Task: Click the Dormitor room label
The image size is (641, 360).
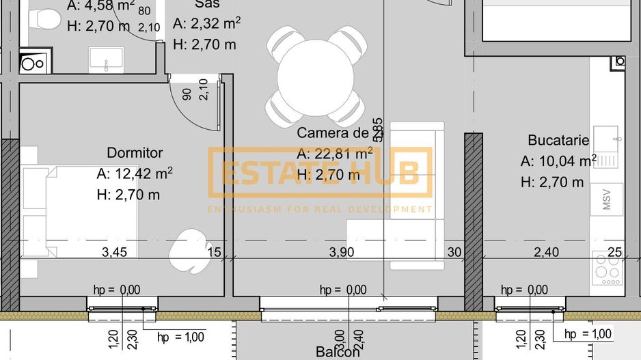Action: pos(135,153)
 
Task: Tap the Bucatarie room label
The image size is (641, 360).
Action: pos(558,140)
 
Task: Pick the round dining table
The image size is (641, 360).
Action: pos(316,75)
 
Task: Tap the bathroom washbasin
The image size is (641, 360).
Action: pos(107,59)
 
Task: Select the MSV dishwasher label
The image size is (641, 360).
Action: pos(608,200)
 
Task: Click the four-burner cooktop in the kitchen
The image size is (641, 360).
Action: pos(607,268)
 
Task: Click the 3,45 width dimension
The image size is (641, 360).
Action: pos(114,252)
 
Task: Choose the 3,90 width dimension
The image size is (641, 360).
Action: pos(342,252)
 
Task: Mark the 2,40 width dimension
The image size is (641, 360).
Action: pos(546,252)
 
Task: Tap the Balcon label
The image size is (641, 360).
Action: pos(338,352)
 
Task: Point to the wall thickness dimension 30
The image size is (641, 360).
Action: pos(454,252)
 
